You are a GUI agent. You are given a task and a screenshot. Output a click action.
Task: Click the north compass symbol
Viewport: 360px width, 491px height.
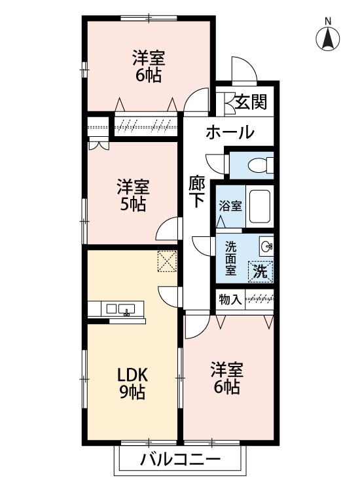click(x=329, y=38)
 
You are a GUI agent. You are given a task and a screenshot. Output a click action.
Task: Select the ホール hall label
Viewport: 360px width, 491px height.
click(x=230, y=133)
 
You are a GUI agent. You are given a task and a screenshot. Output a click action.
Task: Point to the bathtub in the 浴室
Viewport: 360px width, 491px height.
click(x=260, y=206)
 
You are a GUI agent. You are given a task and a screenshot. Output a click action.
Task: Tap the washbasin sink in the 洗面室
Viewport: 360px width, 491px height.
click(x=266, y=246)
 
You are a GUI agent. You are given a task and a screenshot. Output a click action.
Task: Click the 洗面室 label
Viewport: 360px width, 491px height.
click(x=231, y=258)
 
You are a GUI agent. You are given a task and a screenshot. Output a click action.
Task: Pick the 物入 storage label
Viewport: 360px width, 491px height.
click(x=230, y=299)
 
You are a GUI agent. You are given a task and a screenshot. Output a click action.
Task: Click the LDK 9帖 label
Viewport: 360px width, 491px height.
click(x=132, y=384)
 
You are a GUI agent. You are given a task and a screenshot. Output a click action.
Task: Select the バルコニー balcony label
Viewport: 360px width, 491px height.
click(x=180, y=460)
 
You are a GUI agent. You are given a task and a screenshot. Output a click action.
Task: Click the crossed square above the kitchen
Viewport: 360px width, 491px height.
click(x=166, y=261)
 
